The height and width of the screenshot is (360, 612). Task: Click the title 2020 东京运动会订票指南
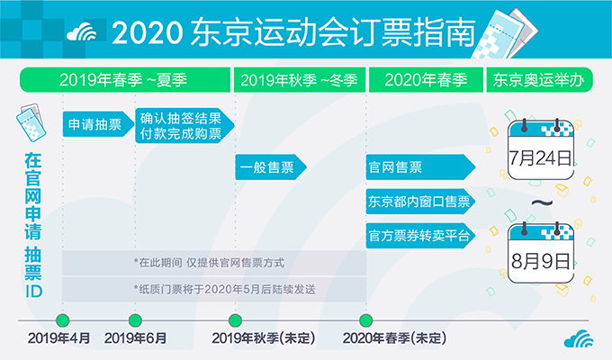tap(293, 32)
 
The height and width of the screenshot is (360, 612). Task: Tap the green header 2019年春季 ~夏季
tap(125, 80)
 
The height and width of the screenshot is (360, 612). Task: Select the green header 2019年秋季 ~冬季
tap(300, 80)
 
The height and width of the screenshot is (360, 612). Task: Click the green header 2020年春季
tap(426, 80)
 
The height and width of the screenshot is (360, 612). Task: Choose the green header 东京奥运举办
tap(539, 80)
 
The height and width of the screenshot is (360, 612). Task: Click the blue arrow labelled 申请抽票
tap(98, 124)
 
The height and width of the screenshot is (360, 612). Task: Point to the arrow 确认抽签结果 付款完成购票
tap(184, 125)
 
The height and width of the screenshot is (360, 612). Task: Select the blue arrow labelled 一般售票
tap(271, 167)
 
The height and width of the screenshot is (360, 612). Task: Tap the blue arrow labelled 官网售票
tap(420, 167)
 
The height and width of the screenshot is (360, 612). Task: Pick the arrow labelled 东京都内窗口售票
tap(420, 202)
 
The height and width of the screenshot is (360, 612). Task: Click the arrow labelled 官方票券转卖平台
tap(420, 236)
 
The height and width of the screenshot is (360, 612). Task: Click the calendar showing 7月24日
tap(541, 149)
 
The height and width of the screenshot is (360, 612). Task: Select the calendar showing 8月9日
tap(541, 253)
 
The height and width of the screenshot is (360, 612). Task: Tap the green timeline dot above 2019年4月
tap(62, 320)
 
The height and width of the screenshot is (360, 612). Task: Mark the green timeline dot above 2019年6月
tap(135, 320)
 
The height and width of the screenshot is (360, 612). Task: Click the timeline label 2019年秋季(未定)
tap(263, 338)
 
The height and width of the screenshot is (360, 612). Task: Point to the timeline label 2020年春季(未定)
tap(394, 338)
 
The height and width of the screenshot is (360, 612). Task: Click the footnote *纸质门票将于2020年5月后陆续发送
tap(224, 289)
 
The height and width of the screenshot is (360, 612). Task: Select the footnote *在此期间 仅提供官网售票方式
tap(209, 263)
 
